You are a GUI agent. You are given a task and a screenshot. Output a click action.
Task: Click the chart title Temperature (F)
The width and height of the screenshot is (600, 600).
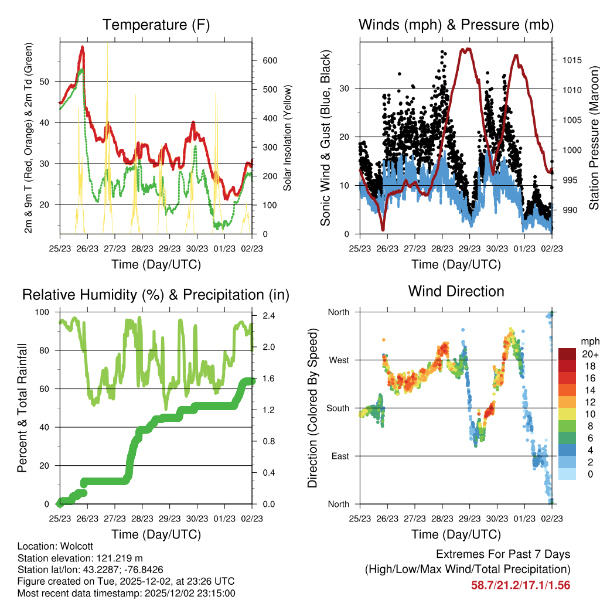coord(156,25)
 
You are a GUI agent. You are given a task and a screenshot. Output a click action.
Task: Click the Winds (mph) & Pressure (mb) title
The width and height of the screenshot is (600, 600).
coord(456,25)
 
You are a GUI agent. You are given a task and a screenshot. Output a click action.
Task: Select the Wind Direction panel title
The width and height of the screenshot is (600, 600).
coord(456,291)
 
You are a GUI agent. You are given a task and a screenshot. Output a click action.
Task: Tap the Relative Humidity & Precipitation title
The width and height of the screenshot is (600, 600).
coord(156,295)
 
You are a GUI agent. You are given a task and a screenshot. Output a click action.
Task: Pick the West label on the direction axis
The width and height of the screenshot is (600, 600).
coord(338,360)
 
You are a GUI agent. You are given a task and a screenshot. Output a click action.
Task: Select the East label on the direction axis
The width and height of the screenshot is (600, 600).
coord(339,456)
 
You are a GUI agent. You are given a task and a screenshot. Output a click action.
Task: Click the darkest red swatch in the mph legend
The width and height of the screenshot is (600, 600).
coord(568,354)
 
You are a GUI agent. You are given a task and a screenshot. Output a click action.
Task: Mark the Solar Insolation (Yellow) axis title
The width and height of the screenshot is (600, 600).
coord(288,138)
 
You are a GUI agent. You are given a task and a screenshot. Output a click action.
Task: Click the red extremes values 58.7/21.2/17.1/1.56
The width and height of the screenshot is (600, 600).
coord(520,585)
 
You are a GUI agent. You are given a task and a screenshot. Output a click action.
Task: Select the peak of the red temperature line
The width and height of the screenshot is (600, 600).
coord(83,46)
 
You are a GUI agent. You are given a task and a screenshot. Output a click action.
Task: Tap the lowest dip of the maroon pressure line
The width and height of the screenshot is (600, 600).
coord(383,230)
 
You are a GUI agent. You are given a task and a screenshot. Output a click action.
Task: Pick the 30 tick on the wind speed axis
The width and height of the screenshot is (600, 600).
coord(346,88)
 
